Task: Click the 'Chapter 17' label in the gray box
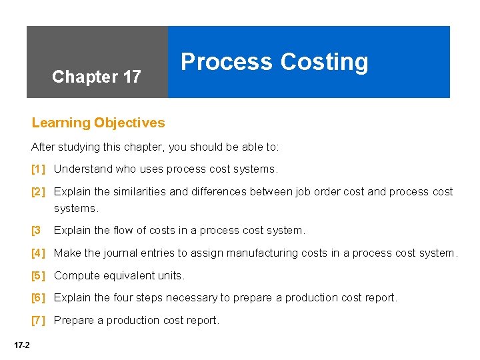click(x=96, y=77)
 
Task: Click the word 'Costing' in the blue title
click(x=324, y=61)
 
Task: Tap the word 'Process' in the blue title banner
click(x=227, y=61)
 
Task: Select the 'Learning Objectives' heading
click(x=98, y=123)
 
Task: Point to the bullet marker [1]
click(x=38, y=169)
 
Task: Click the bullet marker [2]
click(x=38, y=192)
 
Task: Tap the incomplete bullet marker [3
click(x=36, y=231)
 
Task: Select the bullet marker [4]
click(x=38, y=253)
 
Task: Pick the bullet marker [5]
click(x=38, y=275)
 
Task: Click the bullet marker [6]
click(x=38, y=298)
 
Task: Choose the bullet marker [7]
click(x=38, y=321)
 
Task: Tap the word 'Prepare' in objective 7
click(x=73, y=321)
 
